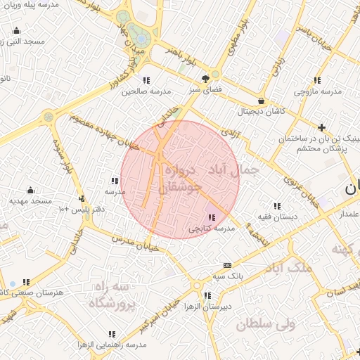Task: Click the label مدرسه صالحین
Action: [x=146, y=91]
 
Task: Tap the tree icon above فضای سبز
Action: [x=205, y=79]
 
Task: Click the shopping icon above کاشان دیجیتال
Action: [x=262, y=101]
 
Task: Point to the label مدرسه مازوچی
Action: [x=317, y=91]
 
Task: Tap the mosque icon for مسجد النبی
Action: [x=17, y=31]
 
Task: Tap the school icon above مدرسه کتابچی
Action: [x=212, y=217]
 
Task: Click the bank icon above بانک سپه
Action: [x=226, y=265]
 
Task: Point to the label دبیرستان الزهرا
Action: [x=205, y=307]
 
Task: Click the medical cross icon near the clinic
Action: [x=321, y=127]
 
